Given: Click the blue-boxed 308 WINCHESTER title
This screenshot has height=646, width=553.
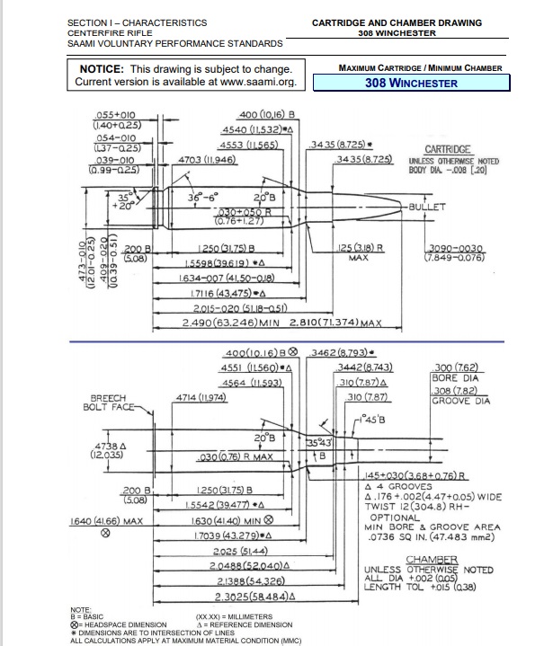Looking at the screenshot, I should coord(410,83).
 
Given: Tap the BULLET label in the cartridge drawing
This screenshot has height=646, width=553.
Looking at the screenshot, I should coord(427,207).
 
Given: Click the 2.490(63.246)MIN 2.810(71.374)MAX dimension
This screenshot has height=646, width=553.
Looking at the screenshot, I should coord(282,322).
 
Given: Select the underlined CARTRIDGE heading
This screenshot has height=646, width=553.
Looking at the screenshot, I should coord(448,148).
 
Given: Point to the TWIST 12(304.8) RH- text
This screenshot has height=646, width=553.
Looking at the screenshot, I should coord(419,507).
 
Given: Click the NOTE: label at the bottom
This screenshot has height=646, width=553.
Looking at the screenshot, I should coord(82,609).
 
